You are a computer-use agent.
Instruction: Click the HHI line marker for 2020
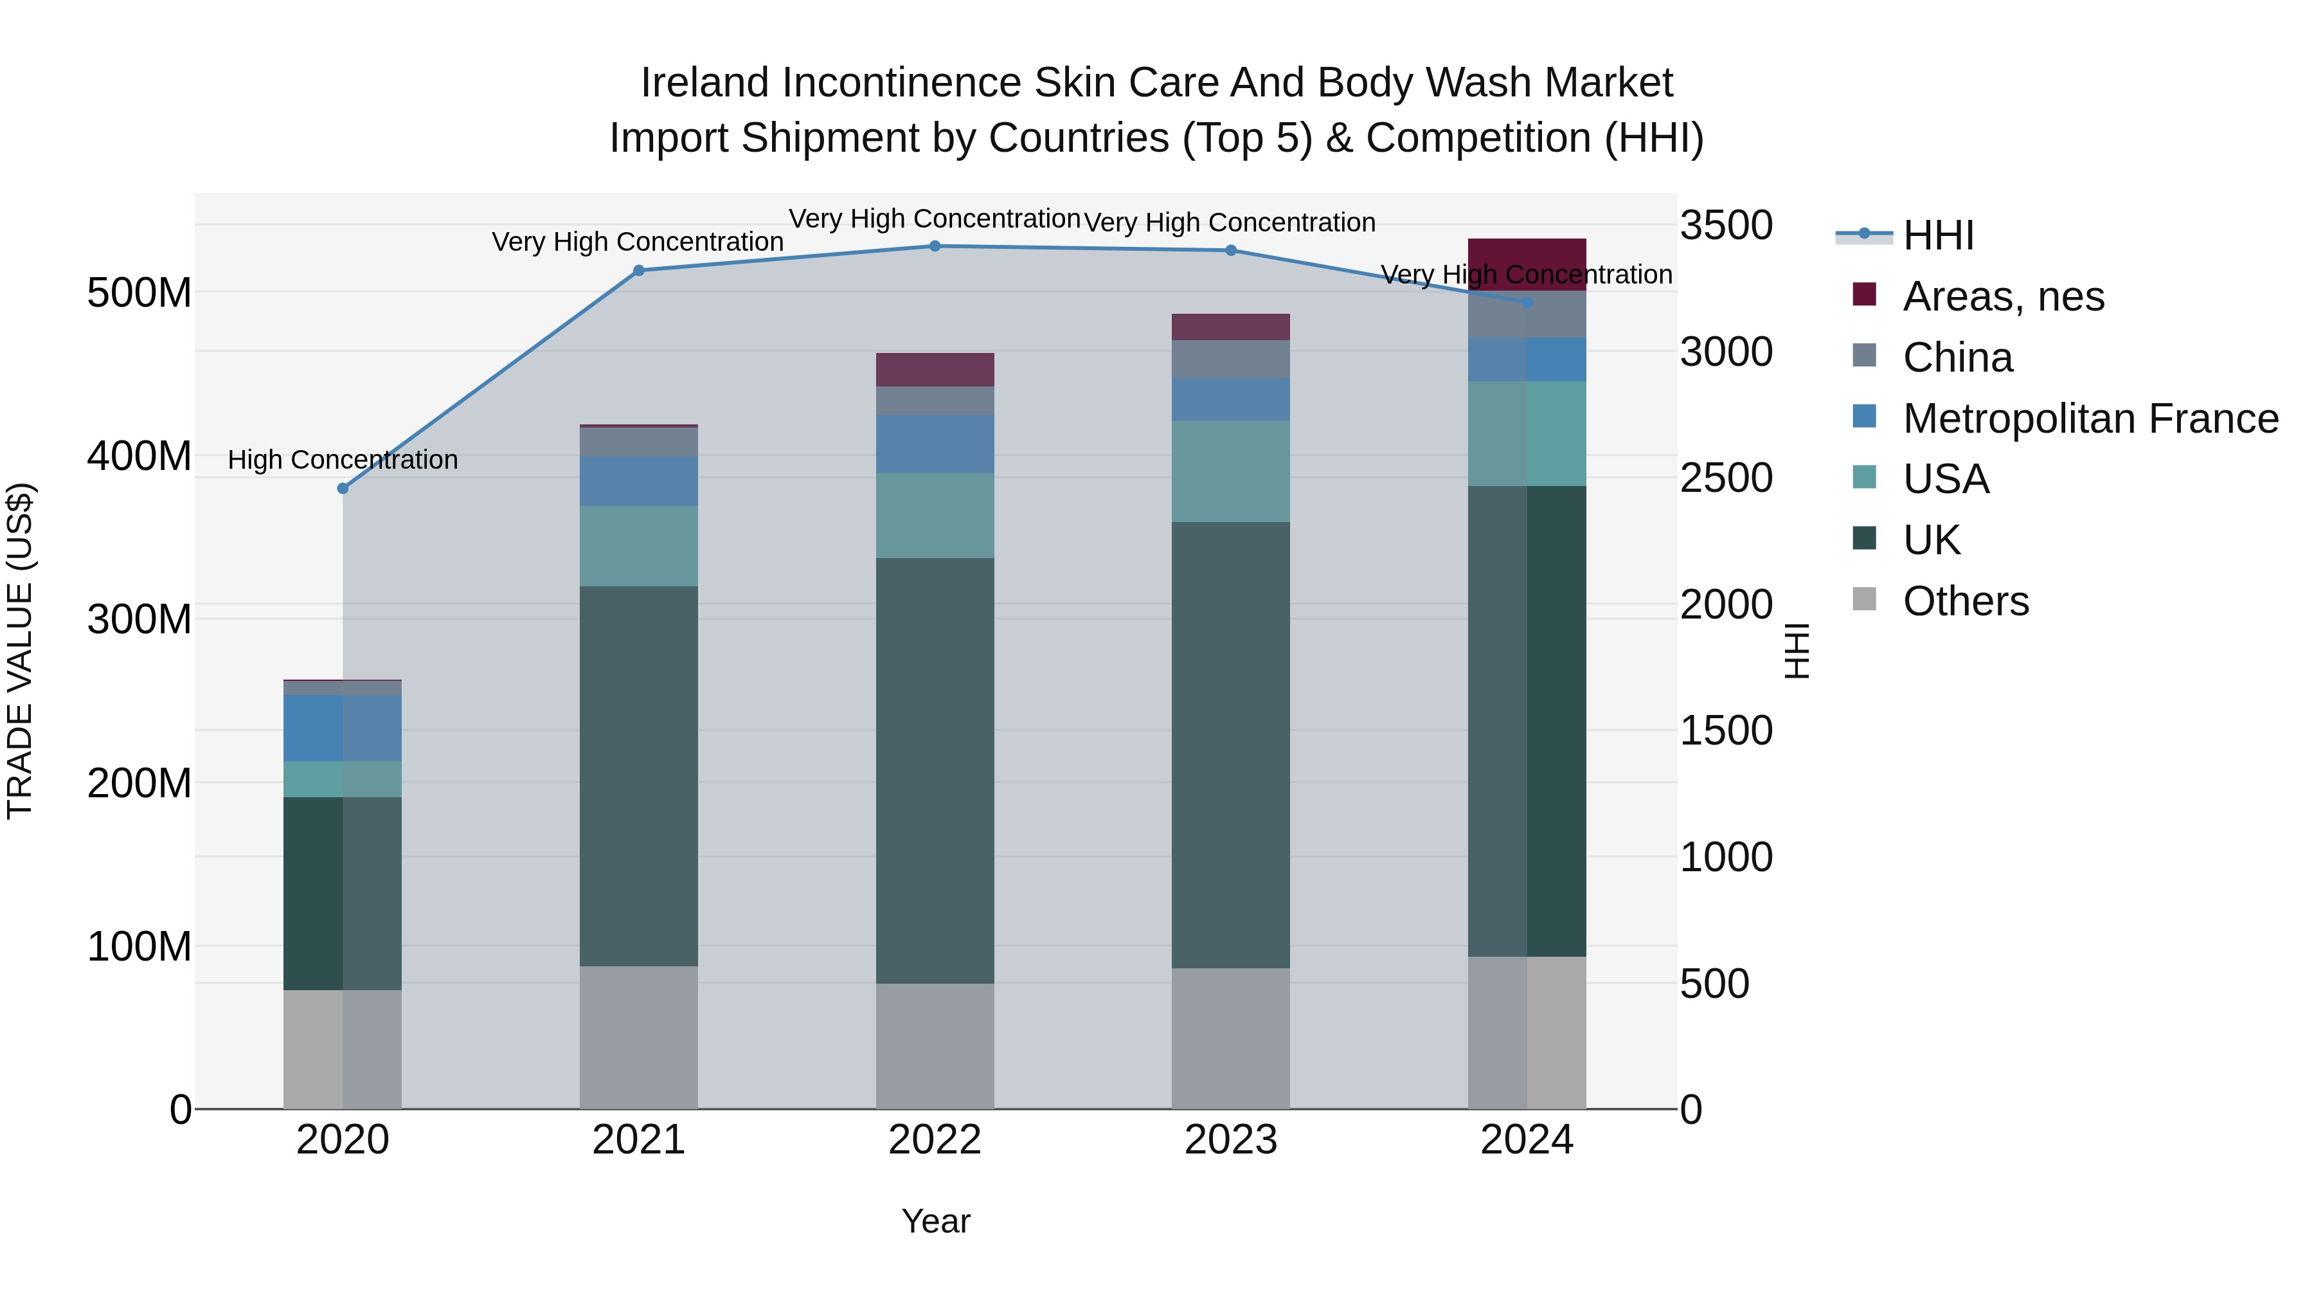342,488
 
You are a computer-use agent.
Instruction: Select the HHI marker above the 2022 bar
934,246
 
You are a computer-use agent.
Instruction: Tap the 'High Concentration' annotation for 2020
342,460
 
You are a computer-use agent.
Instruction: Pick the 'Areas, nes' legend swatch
1864,294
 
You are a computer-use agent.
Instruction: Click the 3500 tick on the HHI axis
1726,226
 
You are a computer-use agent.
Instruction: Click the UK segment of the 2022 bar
934,770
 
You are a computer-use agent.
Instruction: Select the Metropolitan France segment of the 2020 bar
342,727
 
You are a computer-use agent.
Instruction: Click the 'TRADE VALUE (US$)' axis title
20,651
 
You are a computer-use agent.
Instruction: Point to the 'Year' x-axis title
935,1221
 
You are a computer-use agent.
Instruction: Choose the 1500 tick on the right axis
1726,730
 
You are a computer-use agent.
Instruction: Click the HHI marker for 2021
639,271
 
